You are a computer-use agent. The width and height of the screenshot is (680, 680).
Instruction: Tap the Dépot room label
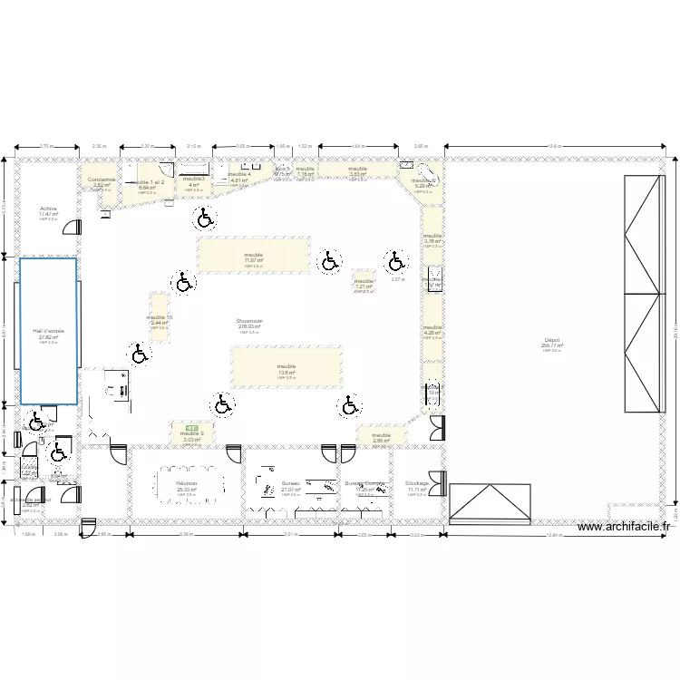point(551,340)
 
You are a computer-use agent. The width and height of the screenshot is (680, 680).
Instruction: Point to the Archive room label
point(48,209)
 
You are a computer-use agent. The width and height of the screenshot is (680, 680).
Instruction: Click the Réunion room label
point(187,484)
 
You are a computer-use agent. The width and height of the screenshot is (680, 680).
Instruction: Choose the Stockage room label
point(417,484)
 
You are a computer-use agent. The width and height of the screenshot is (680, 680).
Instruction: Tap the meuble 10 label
point(159,317)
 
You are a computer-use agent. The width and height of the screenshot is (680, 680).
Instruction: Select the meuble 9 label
point(191,433)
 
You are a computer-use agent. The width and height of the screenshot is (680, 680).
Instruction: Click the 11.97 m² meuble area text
point(253,260)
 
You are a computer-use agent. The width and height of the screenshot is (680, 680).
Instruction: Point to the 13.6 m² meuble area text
point(287,373)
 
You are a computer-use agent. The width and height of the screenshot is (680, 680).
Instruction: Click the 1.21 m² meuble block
point(364,284)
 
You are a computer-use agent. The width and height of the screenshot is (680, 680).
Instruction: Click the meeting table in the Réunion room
point(188,475)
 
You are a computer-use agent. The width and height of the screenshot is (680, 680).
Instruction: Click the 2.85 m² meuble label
point(381,438)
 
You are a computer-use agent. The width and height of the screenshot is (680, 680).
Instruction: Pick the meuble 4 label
point(239,174)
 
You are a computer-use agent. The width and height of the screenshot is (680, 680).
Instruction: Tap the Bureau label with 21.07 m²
point(291,484)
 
